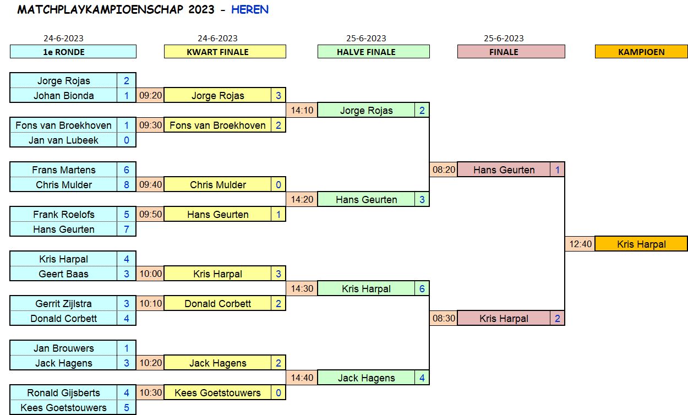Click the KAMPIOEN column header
coord(641,52)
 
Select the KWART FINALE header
coord(225,52)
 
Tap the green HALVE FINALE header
coord(373,52)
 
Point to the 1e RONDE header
coord(73,52)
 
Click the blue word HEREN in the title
coord(250,10)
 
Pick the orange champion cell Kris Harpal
coord(641,244)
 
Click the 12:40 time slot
coord(580,244)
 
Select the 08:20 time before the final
coord(444,170)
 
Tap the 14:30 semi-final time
coord(302,288)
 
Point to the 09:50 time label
coord(150,214)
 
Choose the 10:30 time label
coord(150,392)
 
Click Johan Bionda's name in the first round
coord(63,95)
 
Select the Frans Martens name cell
coord(63,170)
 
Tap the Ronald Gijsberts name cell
coord(63,392)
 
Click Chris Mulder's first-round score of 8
coord(127,184)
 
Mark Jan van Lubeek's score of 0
coord(127,140)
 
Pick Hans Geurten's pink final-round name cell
coord(504,170)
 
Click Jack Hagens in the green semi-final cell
coord(366,378)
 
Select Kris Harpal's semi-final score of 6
coord(422,288)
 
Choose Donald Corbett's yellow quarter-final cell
coord(217,303)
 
